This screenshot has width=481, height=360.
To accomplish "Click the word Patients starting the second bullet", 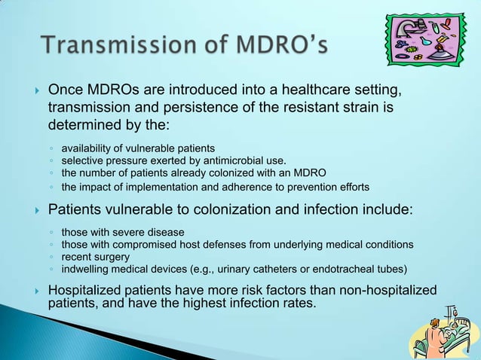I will point(76,209).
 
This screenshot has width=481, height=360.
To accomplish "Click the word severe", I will point(127,232).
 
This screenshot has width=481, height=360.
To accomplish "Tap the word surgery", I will point(112,257).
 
